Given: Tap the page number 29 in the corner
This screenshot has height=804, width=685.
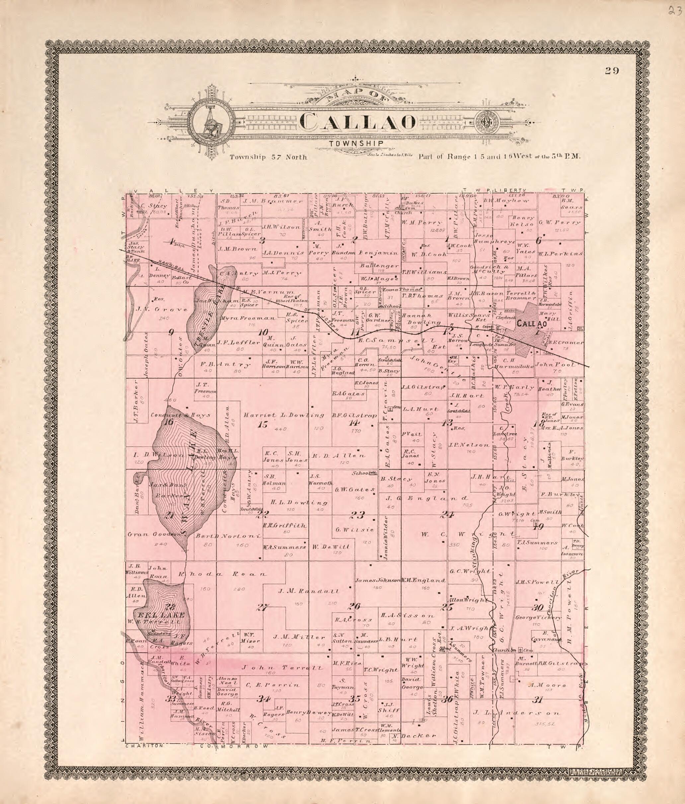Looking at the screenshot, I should click(x=612, y=71).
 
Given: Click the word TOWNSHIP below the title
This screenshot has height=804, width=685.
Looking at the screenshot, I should click(x=357, y=144).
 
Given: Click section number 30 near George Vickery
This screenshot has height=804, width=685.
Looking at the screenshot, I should click(x=538, y=608).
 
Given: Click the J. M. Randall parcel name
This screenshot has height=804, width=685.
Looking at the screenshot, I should click(x=308, y=592).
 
